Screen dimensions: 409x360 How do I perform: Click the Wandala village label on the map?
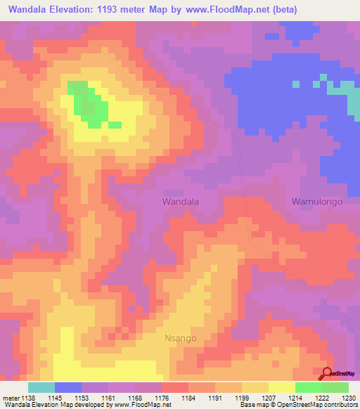point(181,201)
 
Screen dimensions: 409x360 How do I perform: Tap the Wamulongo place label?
point(316,202)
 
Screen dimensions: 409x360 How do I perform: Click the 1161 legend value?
point(109,398)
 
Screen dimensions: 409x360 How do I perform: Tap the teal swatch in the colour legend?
point(41,387)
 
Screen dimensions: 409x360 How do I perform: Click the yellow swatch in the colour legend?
point(281,387)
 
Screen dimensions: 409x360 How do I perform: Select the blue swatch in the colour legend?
point(67,387)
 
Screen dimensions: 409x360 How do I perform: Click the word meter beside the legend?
point(11,398)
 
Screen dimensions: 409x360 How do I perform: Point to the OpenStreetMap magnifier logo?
point(326,373)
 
